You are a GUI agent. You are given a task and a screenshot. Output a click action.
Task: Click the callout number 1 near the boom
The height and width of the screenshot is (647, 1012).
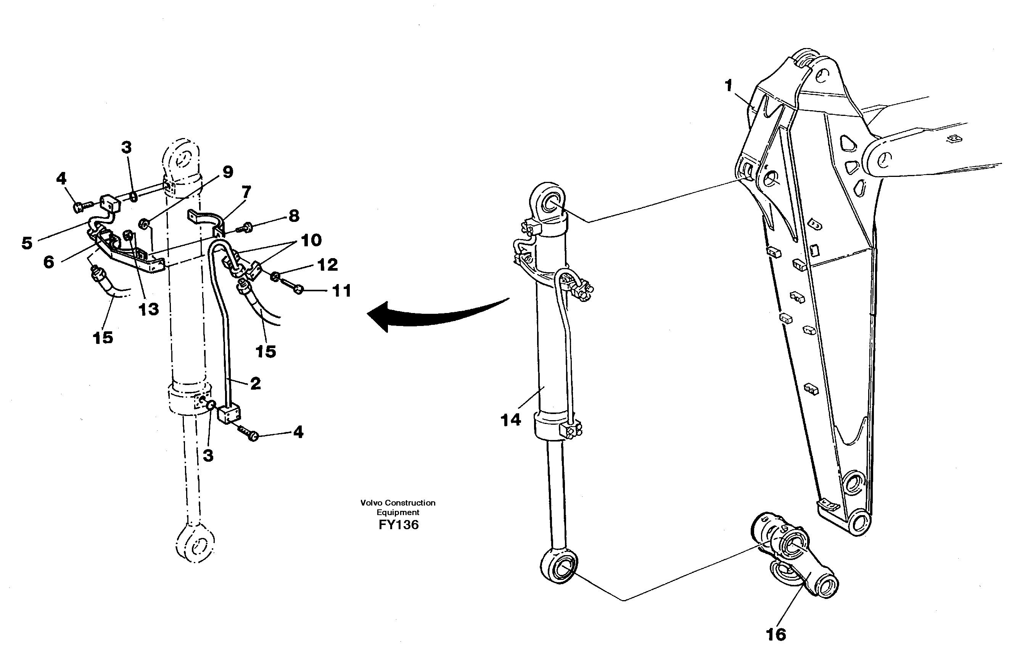[x=728, y=86]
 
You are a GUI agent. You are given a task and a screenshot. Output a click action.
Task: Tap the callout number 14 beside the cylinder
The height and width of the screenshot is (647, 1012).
[x=511, y=420]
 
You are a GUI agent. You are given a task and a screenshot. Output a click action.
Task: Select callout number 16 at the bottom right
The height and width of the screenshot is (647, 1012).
[x=776, y=634]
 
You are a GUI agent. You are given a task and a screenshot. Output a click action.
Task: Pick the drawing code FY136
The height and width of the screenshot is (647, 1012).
[x=398, y=525]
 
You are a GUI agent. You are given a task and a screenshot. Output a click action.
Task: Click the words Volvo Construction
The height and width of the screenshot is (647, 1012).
[x=397, y=503]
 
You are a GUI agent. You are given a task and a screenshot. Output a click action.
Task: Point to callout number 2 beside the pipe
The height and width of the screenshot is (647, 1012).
[x=255, y=383]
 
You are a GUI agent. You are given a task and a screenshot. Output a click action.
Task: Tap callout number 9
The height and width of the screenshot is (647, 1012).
[x=227, y=172]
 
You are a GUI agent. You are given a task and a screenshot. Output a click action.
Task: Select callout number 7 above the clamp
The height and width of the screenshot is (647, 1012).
[x=246, y=192]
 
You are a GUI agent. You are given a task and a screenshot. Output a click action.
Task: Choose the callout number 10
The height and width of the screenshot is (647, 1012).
[x=311, y=240]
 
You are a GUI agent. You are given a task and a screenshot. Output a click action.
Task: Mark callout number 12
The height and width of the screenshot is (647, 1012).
[x=327, y=265]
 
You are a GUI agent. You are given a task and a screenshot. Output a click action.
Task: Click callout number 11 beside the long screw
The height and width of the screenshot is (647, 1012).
[x=342, y=291]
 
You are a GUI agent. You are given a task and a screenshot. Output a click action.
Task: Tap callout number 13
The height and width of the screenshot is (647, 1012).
[x=148, y=309]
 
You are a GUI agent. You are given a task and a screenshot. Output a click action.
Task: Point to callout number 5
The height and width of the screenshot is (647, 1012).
[x=27, y=243]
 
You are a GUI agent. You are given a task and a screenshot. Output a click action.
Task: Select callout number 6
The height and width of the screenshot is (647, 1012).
[x=49, y=262]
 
